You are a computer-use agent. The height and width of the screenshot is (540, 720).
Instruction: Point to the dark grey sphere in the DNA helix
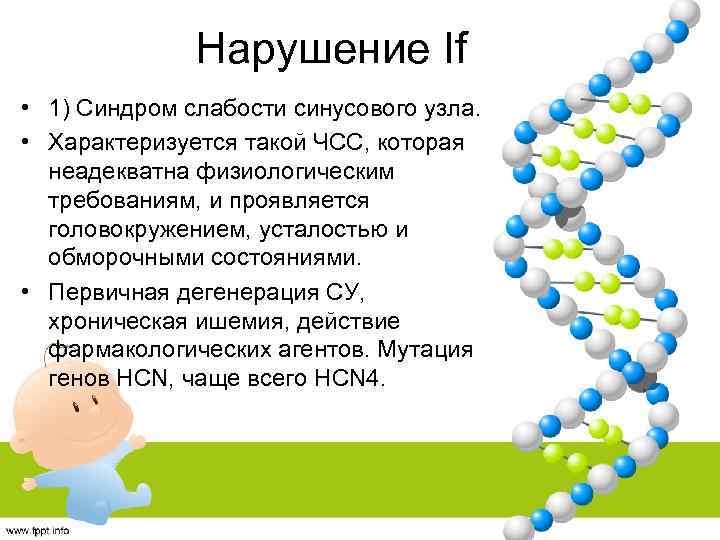[567, 213]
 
